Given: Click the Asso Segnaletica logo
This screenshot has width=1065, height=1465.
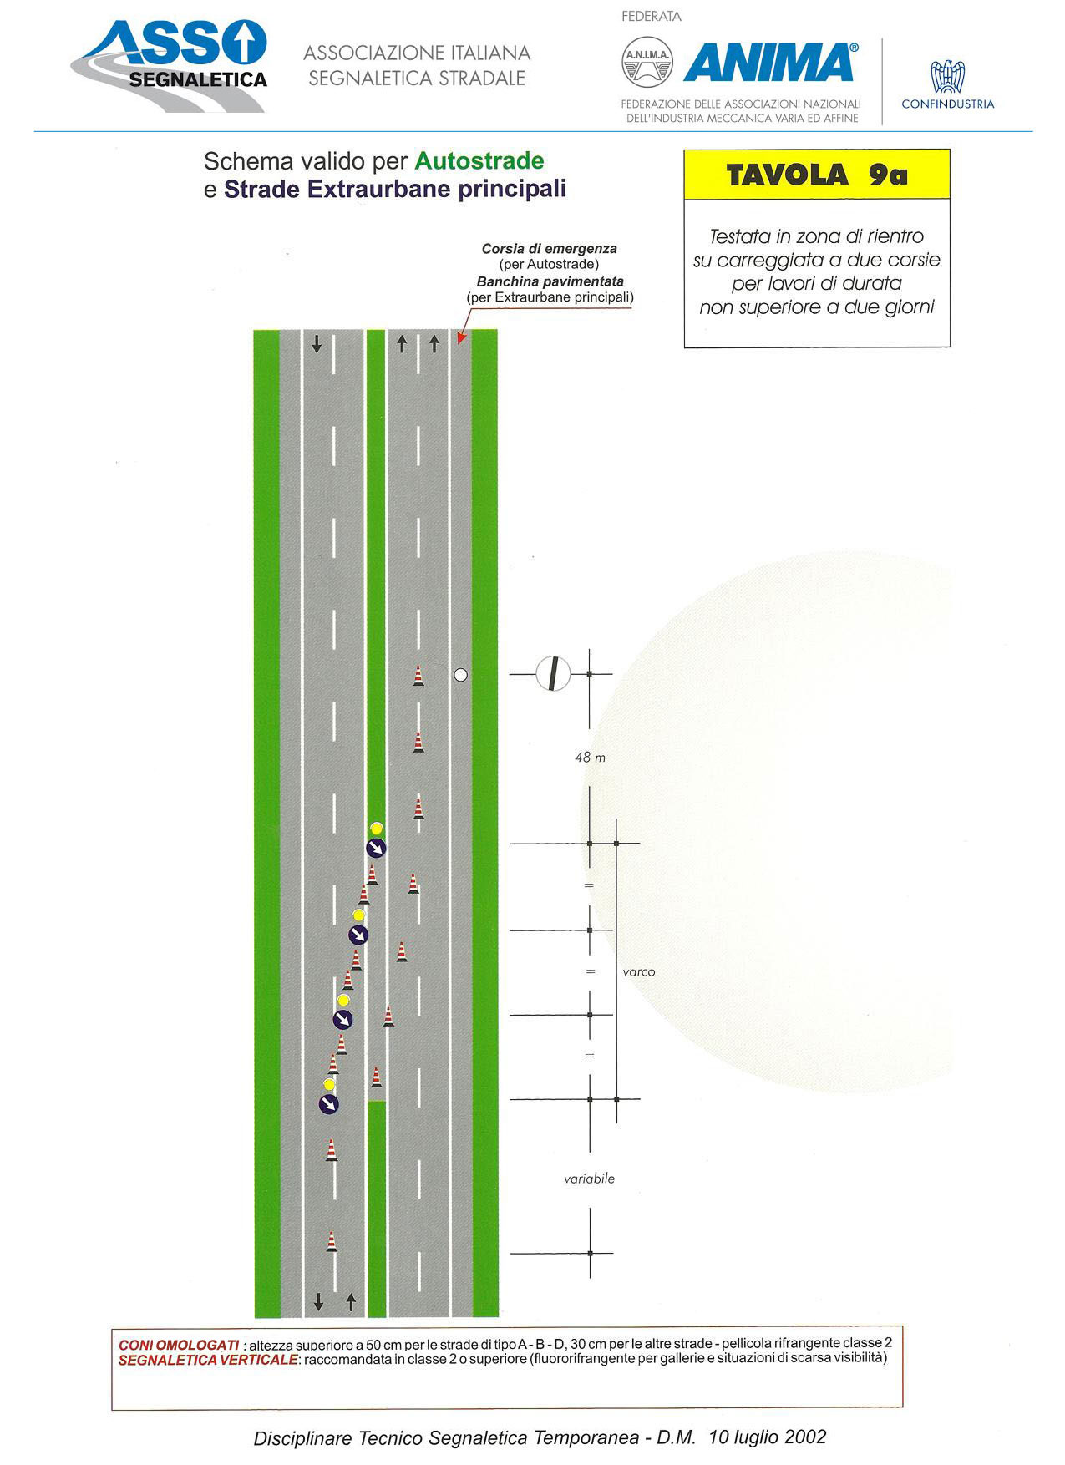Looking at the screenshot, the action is (170, 66).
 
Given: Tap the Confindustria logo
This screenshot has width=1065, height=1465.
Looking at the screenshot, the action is (948, 84).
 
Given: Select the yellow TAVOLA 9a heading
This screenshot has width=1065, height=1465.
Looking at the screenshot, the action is (817, 175).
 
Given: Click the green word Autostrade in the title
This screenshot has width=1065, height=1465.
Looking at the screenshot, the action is (479, 160).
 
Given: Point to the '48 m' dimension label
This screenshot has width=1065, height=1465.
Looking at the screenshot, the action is (590, 757).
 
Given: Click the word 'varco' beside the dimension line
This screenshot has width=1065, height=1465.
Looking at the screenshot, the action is (639, 971).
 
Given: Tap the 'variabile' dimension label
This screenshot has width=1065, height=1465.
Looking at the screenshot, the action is (589, 1179).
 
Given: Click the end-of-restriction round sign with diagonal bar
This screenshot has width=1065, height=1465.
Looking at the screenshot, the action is (552, 673).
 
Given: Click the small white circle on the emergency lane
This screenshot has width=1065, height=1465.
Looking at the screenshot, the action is (460, 675).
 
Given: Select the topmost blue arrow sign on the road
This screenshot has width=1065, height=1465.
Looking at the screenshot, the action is (377, 849).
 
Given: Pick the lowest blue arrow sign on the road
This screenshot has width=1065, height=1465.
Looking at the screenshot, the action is (329, 1103).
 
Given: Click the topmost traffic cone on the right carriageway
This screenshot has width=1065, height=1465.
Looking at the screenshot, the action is (418, 676).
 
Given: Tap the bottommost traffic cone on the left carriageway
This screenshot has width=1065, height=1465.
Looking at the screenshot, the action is (332, 1241).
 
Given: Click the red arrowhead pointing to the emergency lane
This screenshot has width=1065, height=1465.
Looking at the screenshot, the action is (460, 337).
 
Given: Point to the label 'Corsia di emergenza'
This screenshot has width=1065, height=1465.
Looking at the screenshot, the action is (550, 249).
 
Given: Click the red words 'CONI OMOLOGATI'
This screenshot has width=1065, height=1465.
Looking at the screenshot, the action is (179, 1345).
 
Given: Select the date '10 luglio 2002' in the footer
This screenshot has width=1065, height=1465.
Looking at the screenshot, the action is (768, 1437).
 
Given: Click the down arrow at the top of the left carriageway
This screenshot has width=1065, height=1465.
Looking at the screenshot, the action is (317, 344).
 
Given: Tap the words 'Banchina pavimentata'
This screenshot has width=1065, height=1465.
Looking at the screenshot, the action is (550, 281).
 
